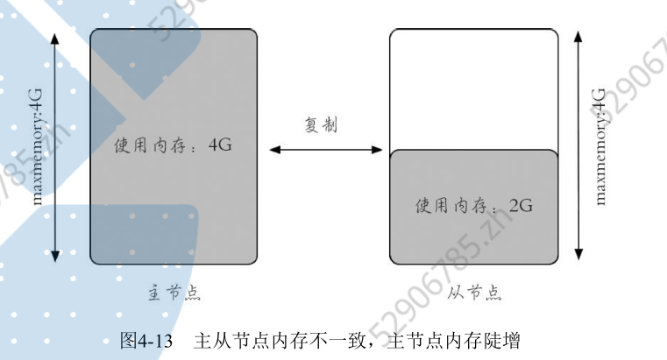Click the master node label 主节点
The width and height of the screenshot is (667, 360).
[x=174, y=293]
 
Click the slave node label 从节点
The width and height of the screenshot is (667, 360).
[x=473, y=293]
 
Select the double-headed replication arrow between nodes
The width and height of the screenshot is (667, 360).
[x=323, y=150]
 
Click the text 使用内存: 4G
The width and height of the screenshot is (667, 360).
[x=173, y=145]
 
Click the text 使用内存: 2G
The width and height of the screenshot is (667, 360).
[x=473, y=207]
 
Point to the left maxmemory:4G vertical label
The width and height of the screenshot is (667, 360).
[x=36, y=145]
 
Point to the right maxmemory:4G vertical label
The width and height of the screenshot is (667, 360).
[x=600, y=145]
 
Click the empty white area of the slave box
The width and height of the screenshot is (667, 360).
[x=473, y=88]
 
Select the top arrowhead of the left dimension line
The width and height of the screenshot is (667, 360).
[x=55, y=38]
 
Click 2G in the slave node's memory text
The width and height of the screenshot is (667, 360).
[x=521, y=207]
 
